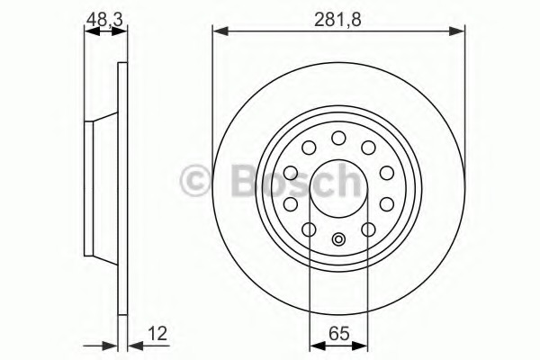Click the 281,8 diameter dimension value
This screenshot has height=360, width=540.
tap(337, 20)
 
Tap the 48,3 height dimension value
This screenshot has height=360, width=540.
tap(104, 20)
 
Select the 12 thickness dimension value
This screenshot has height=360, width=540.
tap(157, 334)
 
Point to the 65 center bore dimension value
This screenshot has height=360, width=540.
tap(339, 334)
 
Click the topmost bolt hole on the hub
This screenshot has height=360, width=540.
tap(338, 138)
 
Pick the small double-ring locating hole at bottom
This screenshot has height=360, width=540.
tap(338, 238)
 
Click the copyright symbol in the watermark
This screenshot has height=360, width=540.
tap(195, 182)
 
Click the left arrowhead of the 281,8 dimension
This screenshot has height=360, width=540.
tap(220, 31)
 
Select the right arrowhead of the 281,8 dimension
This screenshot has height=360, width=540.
tap(457, 31)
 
